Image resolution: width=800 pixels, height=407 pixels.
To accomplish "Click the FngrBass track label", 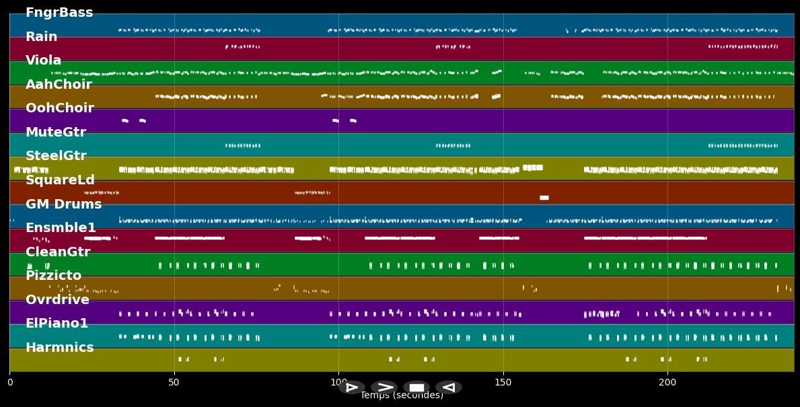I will tap(59, 13).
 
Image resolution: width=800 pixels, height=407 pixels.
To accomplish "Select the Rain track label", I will tap(42, 37).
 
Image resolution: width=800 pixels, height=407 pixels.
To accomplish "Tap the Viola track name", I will tap(44, 61).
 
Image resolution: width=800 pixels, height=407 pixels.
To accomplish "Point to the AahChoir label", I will tap(59, 85).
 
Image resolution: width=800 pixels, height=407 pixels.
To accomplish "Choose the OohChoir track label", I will tap(60, 108).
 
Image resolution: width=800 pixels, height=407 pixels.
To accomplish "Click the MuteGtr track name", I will tap(56, 133).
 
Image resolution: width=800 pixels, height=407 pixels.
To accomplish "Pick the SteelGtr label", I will tap(56, 156).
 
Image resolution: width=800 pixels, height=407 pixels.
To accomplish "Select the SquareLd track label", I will tap(60, 180).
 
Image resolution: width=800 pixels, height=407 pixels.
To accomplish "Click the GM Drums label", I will tap(64, 205).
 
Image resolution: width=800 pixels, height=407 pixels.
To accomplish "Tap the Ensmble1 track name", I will tap(61, 228).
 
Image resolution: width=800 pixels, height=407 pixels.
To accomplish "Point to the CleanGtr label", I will tap(58, 252).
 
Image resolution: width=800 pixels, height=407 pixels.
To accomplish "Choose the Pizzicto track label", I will tap(54, 276).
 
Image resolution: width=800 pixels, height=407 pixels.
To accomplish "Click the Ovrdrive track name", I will tap(57, 300).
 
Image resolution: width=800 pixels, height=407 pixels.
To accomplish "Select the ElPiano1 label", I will tap(57, 324).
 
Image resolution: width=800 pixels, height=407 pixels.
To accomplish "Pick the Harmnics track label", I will tap(60, 348).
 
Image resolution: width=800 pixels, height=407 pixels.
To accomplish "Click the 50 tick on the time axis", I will tap(174, 383).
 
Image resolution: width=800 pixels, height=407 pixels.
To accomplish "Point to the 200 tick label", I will tap(667, 383).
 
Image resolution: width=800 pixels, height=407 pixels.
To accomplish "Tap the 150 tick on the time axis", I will tap(503, 383).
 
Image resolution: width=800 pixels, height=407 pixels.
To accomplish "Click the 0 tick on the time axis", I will tap(10, 383).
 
